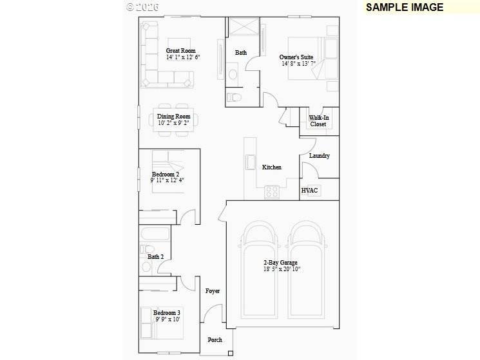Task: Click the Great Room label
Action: pos(180,51)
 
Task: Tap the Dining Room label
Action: pos(174,117)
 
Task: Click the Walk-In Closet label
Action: pos(318,121)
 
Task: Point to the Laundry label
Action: pos(319,156)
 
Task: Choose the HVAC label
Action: pos(310,191)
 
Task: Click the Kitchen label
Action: pos(271,167)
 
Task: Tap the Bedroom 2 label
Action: pos(166,175)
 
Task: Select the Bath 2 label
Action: pos(155,257)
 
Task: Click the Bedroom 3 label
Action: pos(167,313)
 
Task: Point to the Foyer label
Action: pos(213,291)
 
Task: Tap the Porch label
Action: pos(215,340)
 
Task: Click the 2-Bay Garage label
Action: pos(280,263)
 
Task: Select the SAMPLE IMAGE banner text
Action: pos(405,8)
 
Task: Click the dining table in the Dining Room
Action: pos(174,118)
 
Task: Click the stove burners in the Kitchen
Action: pos(272,192)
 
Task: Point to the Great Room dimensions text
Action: pos(183,58)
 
